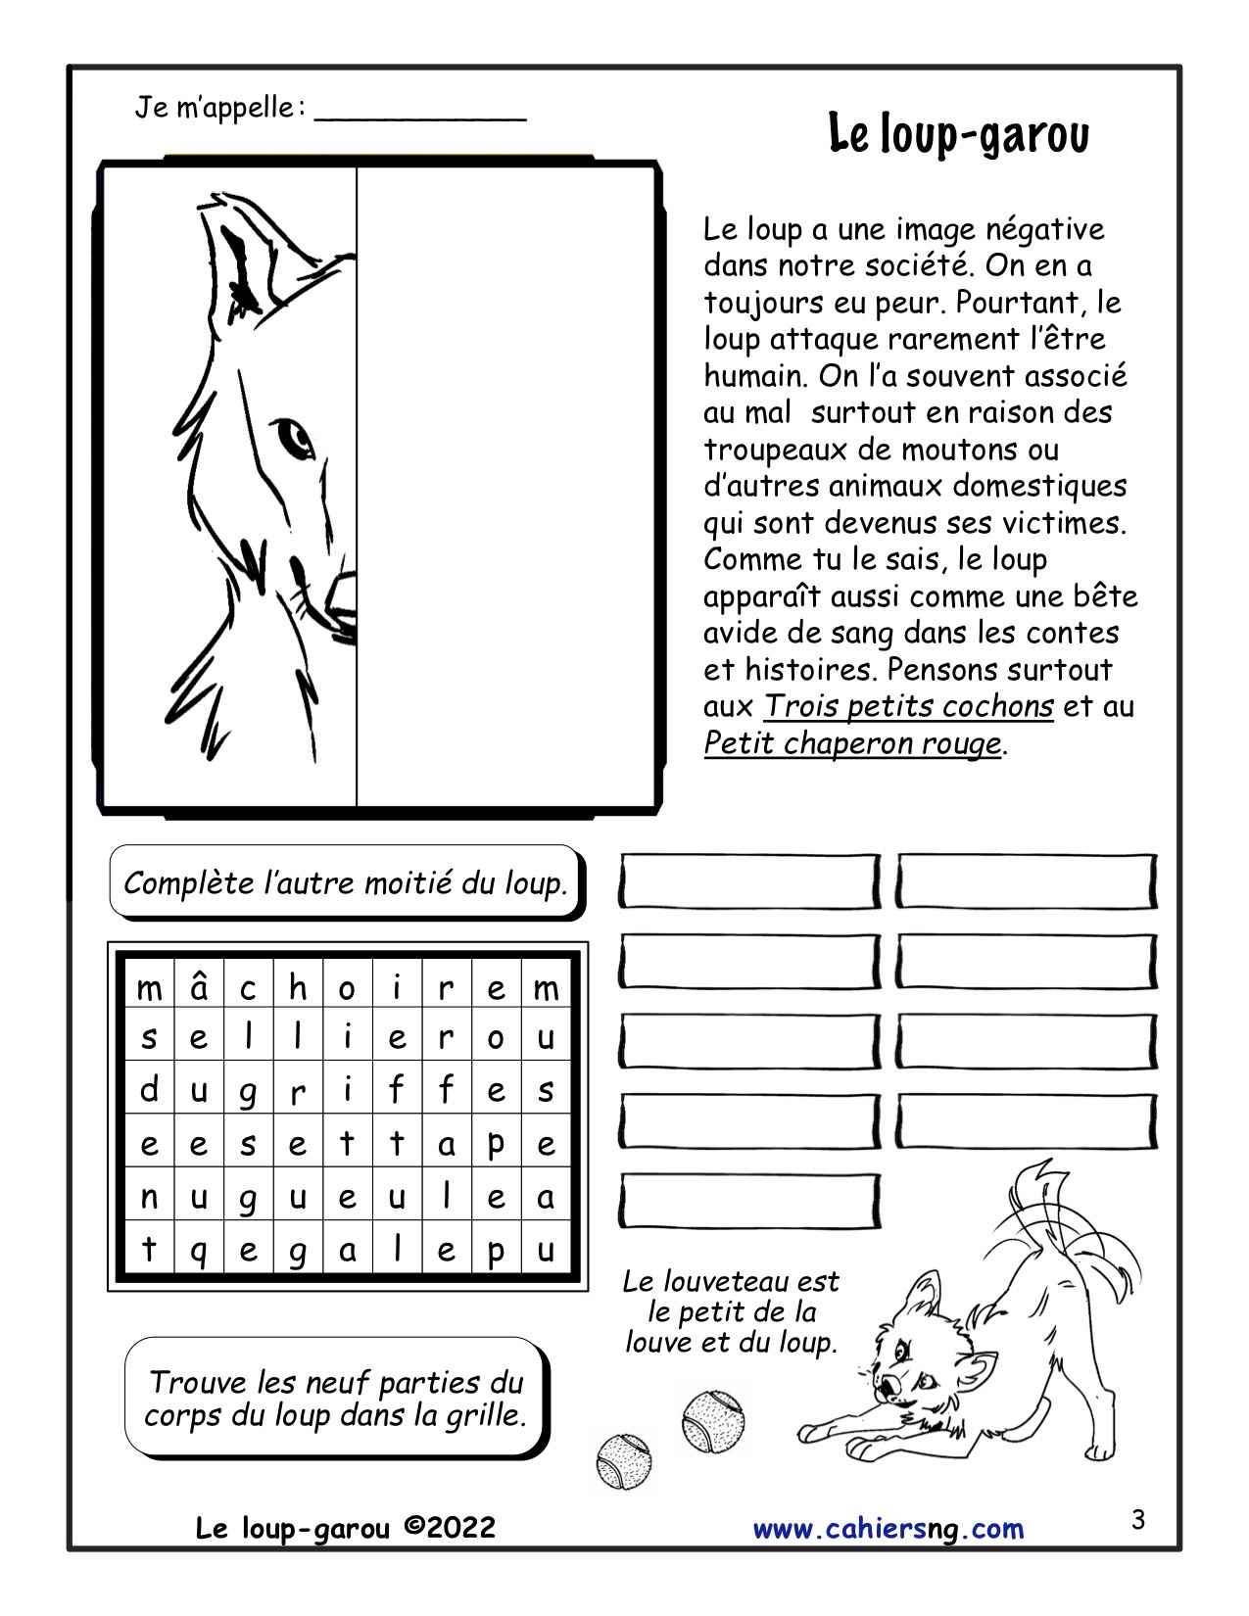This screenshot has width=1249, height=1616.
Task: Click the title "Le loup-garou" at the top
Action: pyautogui.click(x=958, y=135)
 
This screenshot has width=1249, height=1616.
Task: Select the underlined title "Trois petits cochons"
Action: pyautogui.click(x=908, y=706)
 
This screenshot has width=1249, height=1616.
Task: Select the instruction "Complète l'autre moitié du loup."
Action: pyautogui.click(x=346, y=883)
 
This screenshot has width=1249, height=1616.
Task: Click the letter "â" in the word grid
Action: pyautogui.click(x=199, y=986)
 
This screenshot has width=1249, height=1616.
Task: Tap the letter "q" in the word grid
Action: pyautogui.click(x=199, y=1251)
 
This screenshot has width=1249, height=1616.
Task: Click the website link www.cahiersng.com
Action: pyautogui.click(x=889, y=1528)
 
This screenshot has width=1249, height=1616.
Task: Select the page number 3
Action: pyautogui.click(x=1137, y=1520)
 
